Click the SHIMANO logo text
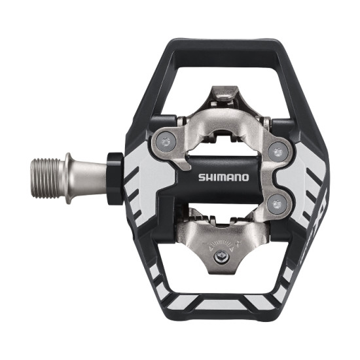click(223, 176)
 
